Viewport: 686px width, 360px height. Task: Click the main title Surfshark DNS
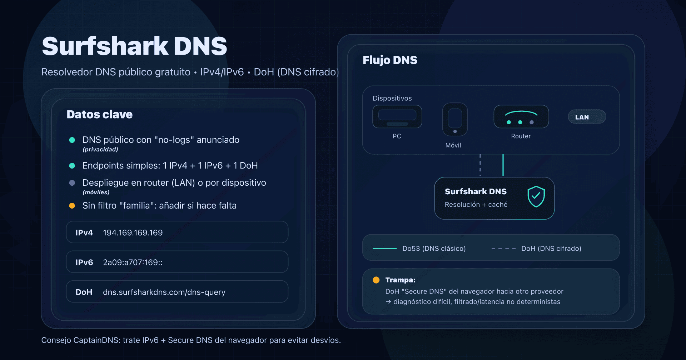134,46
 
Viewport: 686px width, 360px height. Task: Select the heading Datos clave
99,114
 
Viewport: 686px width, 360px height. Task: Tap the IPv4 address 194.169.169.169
133,233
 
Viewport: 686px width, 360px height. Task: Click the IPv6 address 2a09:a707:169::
133,262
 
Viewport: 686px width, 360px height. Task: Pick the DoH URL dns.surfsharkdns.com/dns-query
164,292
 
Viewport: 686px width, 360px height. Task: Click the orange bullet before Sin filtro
72,206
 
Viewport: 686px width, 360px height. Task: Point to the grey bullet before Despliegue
72,183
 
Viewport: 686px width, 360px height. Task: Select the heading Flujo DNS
390,60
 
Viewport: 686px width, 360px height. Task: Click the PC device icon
397,117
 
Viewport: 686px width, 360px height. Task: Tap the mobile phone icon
455,120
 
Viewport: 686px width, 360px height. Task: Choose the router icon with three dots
521,117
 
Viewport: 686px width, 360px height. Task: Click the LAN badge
586,117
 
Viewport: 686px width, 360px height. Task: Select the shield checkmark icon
536,196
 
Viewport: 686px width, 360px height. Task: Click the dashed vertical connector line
480,165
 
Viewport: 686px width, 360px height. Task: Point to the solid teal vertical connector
503,165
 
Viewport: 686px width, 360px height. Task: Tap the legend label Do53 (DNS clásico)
434,249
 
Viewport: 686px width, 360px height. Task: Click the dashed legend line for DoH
503,249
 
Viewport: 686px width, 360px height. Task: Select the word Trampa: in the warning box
400,280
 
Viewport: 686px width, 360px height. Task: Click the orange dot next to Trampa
376,280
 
